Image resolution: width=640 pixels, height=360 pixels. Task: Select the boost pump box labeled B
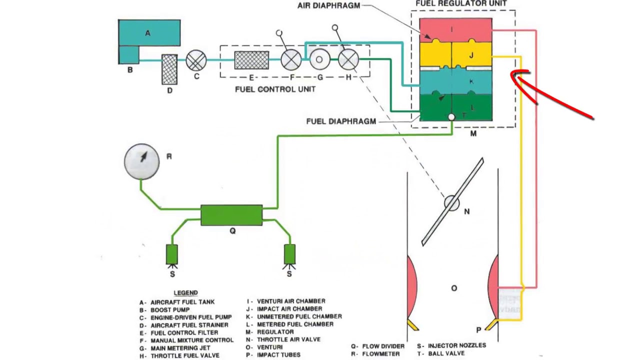click(128, 54)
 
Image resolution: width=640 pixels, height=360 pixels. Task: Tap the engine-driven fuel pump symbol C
click(196, 60)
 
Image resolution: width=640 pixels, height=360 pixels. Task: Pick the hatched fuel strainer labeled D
click(169, 69)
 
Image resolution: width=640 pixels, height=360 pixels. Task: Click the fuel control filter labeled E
click(251, 60)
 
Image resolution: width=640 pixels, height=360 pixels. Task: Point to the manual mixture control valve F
click(291, 60)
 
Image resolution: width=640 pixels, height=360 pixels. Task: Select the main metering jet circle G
click(319, 60)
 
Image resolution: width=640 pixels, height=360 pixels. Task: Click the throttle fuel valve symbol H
click(348, 60)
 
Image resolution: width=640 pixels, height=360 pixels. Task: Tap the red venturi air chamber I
click(455, 30)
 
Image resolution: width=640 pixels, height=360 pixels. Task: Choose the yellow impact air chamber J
click(455, 55)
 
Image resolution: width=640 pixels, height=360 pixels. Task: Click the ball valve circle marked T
click(451, 117)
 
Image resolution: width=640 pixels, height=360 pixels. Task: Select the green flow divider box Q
click(231, 215)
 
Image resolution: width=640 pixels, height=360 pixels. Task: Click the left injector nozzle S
click(172, 254)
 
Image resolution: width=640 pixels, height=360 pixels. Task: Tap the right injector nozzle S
click(289, 254)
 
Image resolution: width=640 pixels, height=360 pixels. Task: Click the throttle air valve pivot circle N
click(452, 203)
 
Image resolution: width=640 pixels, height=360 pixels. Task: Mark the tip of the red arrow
click(512, 75)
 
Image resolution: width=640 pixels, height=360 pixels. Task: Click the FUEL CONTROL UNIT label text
click(275, 89)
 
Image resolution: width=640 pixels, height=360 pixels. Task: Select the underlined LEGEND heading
click(185, 292)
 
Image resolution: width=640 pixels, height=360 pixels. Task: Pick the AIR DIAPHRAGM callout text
click(328, 6)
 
